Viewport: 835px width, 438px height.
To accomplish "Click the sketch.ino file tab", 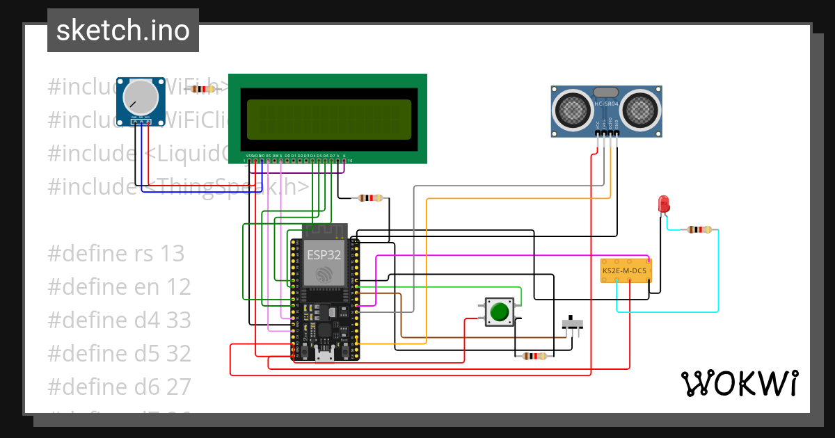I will tap(122, 31).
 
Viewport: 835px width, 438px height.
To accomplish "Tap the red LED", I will tap(663, 204).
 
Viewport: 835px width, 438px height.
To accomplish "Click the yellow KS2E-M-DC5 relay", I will tap(626, 270).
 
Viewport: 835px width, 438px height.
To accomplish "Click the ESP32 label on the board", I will tap(324, 254).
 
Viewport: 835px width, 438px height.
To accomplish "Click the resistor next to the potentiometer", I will tap(203, 89).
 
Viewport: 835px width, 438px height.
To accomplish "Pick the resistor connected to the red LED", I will tap(699, 230).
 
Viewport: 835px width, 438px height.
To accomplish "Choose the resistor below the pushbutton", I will tap(534, 356).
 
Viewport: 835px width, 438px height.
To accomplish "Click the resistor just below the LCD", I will tap(369, 198).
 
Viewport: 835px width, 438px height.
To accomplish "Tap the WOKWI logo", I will tap(739, 383).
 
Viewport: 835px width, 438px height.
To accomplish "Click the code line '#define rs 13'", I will tap(116, 254).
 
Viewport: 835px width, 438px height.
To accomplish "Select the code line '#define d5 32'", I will tap(119, 354).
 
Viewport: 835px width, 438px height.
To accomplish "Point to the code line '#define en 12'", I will tap(119, 287).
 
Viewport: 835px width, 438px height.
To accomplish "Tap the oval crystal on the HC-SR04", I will tap(605, 92).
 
